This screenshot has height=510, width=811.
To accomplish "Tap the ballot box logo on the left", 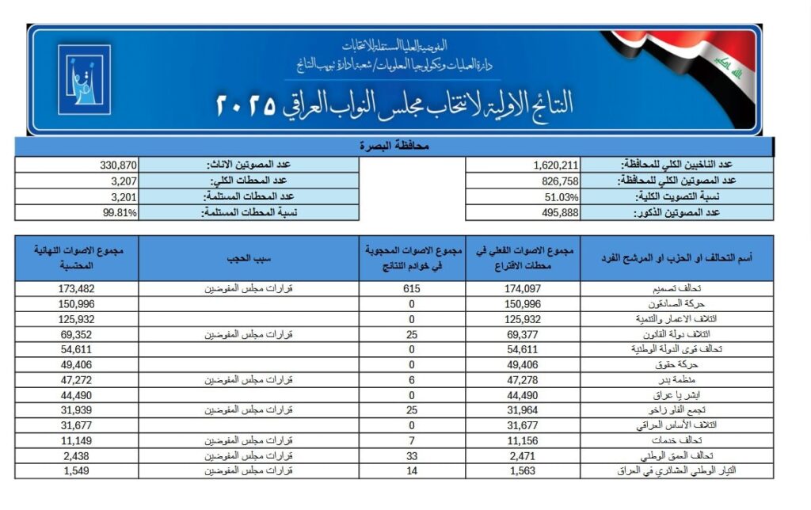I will pyautogui.click(x=83, y=79).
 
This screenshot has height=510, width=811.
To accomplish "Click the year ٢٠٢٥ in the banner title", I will pyautogui.click(x=246, y=104).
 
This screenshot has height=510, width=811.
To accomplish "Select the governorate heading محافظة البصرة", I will pyautogui.click(x=394, y=147).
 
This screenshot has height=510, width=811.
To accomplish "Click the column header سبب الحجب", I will pyautogui.click(x=249, y=258).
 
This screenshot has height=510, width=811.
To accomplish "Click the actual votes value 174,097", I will pyautogui.click(x=522, y=289).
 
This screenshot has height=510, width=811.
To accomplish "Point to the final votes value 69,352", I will pyautogui.click(x=77, y=334).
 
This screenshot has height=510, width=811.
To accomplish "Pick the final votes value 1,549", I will pyautogui.click(x=77, y=470).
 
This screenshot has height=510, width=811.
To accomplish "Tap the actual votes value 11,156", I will pyautogui.click(x=522, y=440).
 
